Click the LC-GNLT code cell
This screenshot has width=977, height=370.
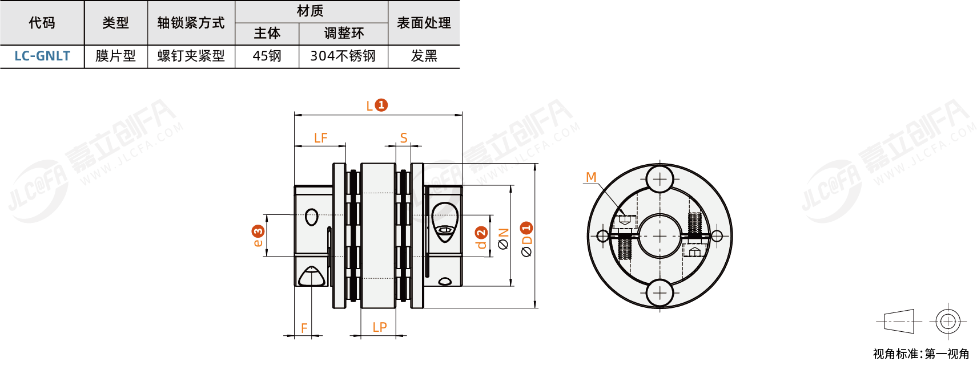tap(42, 56)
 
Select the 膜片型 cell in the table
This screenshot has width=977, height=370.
tap(115, 56)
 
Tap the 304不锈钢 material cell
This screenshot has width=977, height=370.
tap(343, 56)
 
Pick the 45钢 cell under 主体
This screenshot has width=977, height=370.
tap(267, 56)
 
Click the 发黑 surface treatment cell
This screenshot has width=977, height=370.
tap(424, 56)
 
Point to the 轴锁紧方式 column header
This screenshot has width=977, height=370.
tap(191, 23)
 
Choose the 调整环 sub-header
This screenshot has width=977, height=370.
tap(343, 33)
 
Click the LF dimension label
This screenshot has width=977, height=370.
tap(320, 138)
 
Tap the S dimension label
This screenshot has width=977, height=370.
tap(404, 138)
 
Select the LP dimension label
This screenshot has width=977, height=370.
tap(379, 327)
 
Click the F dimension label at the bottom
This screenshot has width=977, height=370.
tap(304, 328)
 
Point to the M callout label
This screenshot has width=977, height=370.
tap(591, 177)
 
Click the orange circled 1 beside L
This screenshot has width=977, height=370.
tap(381, 105)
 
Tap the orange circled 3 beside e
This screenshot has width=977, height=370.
tap(258, 231)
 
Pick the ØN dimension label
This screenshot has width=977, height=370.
tap(503, 239)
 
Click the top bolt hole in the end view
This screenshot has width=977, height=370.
tap(660, 179)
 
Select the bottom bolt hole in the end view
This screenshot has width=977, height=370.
tap(660, 293)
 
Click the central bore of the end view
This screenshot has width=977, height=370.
tap(660, 236)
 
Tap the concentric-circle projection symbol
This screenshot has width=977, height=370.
tap(947, 322)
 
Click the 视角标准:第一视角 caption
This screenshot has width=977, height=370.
tap(920, 354)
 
